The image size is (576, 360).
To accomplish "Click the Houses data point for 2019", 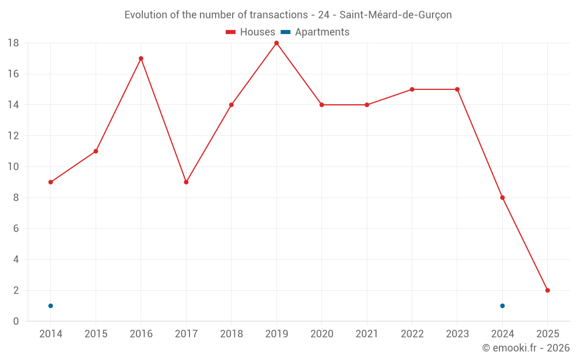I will click(x=276, y=43).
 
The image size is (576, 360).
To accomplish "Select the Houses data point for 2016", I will click(x=141, y=58).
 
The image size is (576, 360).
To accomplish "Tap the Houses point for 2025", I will click(x=547, y=290).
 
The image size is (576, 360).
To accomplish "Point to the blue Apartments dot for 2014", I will click(x=51, y=306).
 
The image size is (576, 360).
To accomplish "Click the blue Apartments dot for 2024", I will click(x=502, y=306).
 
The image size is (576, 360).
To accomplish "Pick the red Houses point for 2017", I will click(x=186, y=182).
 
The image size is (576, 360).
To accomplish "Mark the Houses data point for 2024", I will click(x=502, y=198).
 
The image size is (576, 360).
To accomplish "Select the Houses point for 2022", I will click(x=412, y=89).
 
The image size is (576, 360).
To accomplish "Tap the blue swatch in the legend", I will click(x=285, y=32).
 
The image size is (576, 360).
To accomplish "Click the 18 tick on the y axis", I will click(x=13, y=43).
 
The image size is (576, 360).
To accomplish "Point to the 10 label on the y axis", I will click(x=13, y=167).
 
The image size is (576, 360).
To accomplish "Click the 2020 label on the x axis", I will click(x=321, y=334).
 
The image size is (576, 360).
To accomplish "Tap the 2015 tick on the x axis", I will click(x=96, y=334).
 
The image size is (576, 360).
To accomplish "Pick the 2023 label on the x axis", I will click(x=457, y=334).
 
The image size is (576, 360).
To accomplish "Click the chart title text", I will click(x=288, y=15).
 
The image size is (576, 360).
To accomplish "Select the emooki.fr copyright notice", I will click(x=525, y=348).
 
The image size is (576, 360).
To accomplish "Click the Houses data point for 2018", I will click(x=232, y=105).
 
